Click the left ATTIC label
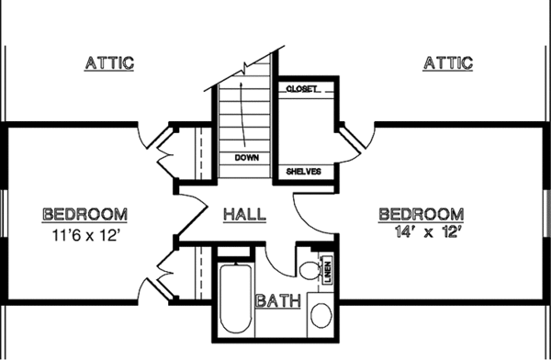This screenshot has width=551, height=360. pyautogui.click(x=109, y=63)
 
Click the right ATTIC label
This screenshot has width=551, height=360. pyautogui.click(x=447, y=63)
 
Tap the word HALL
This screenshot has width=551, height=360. pyautogui.click(x=245, y=214)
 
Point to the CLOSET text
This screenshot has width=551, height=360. pyautogui.click(x=303, y=89)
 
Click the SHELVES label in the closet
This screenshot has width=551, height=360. pyautogui.click(x=304, y=171)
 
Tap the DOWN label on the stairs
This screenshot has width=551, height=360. pyautogui.click(x=246, y=157)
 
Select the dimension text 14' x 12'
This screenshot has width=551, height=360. pyautogui.click(x=419, y=233)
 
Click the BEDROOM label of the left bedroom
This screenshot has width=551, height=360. pyautogui.click(x=84, y=214)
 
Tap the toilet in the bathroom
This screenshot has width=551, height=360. pyautogui.click(x=310, y=269)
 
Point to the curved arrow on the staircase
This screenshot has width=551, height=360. pyautogui.click(x=241, y=110)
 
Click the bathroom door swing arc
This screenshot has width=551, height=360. pyautogui.click(x=281, y=257)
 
